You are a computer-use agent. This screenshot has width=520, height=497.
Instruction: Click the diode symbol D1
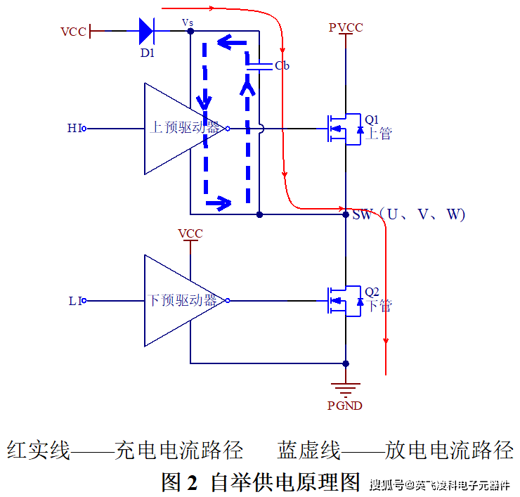tap(146, 31)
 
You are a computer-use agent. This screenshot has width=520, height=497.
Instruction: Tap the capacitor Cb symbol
tap(259, 65)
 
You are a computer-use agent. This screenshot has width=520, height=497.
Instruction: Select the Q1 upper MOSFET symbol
tap(342, 129)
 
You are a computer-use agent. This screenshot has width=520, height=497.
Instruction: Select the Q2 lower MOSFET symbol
tap(342, 301)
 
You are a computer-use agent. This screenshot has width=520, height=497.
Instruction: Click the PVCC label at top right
tap(346, 27)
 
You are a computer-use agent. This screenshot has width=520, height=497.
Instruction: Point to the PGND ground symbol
tap(345, 387)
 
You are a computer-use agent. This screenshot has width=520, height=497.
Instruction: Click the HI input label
tap(74, 128)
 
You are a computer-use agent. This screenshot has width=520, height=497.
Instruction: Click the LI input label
tap(75, 301)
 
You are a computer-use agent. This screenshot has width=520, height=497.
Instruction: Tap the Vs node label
tap(188, 22)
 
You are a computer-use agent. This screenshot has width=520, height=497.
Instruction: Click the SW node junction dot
tap(346, 214)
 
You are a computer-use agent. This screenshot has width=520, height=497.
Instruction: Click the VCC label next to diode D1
tap(73, 32)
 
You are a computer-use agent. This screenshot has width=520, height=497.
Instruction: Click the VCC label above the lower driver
tap(190, 233)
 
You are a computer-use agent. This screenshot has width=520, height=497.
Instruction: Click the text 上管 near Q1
tap(379, 134)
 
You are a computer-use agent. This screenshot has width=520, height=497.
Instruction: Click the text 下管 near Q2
tap(379, 306)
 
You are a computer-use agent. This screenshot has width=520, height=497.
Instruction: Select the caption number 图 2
tap(181, 482)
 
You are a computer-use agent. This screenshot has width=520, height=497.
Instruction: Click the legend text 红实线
tap(39, 450)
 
